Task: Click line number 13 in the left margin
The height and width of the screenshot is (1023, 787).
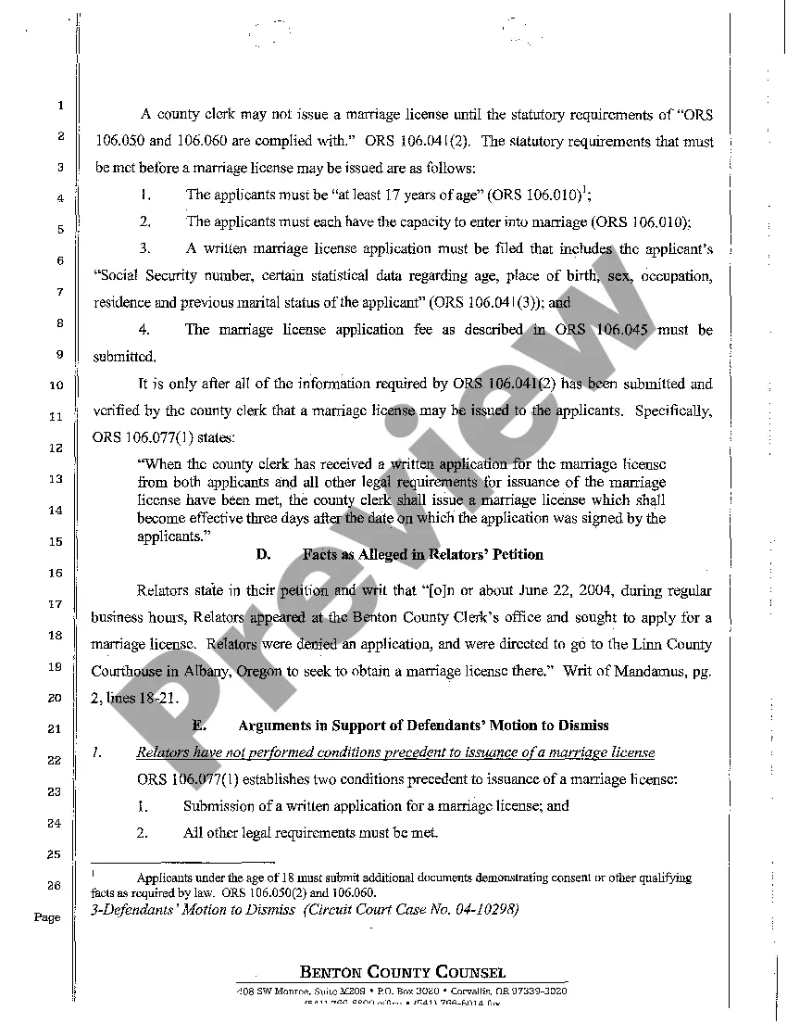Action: tap(55, 479)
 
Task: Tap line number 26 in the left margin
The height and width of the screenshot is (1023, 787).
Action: tap(55, 885)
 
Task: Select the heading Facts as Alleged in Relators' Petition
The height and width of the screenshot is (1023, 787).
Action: tap(422, 554)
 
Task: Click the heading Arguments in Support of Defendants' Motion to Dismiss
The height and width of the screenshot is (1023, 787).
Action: tap(424, 724)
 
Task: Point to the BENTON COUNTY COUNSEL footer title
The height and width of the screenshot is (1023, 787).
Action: tap(402, 972)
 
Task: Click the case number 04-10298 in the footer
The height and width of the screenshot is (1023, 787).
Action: tap(481, 909)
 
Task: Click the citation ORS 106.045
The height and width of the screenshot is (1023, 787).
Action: tap(606, 330)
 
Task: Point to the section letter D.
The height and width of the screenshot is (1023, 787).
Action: tap(263, 554)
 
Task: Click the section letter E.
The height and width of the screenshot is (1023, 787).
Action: tap(198, 724)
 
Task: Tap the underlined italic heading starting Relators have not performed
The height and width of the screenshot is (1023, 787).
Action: tap(395, 752)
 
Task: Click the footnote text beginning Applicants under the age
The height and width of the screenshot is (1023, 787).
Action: tap(413, 878)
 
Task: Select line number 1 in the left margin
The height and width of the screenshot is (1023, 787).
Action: tap(56, 106)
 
